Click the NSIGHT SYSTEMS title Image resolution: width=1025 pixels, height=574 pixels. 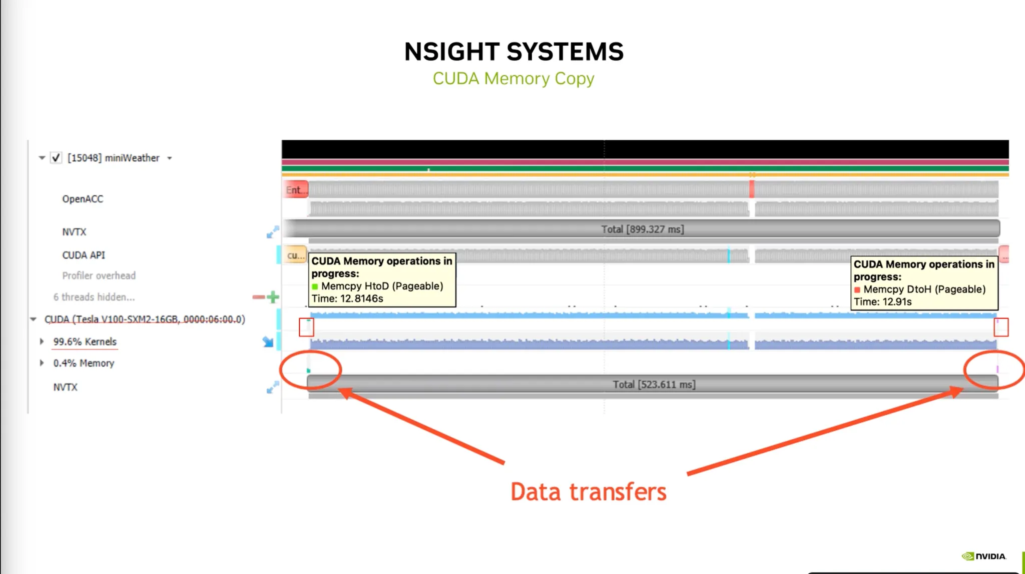point(514,52)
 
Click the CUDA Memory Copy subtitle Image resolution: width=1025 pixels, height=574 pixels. point(514,79)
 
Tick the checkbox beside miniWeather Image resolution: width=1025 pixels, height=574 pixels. point(56,158)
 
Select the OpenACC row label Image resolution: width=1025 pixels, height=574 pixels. point(83,199)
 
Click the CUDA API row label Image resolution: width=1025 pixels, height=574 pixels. point(84,255)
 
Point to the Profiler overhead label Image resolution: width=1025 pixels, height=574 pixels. point(99,275)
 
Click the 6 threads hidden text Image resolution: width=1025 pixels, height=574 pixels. point(94,297)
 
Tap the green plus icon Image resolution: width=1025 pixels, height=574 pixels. point(273,297)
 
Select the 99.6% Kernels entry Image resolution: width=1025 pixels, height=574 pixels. point(85,342)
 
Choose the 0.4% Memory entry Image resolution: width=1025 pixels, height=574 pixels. point(84,363)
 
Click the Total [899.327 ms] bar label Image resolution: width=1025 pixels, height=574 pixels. point(642,229)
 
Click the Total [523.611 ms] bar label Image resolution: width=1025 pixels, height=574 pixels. point(654,385)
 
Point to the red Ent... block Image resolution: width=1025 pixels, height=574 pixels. point(295,190)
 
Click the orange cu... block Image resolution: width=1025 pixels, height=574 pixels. point(295,255)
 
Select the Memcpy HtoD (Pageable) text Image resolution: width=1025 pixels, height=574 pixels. point(382,286)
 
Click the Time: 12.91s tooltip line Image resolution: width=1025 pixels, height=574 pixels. point(882,302)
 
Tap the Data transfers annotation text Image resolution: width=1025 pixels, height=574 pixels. point(588,492)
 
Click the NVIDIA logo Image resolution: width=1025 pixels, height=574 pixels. point(983,556)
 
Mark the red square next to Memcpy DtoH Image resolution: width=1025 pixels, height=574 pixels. point(857,290)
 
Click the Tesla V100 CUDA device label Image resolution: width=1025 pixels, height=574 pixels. point(145,320)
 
